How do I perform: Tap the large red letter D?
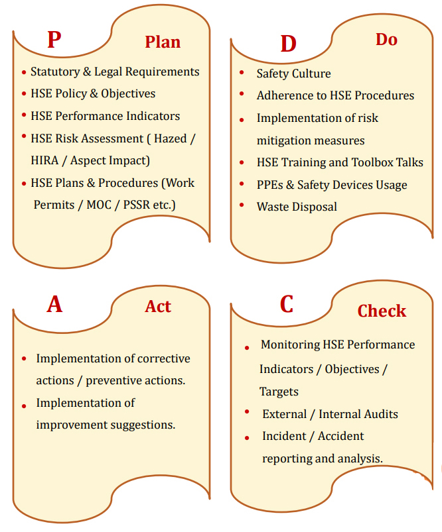click(x=288, y=44)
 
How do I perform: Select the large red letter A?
click(x=54, y=304)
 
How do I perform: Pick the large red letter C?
click(x=287, y=304)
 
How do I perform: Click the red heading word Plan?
click(x=163, y=42)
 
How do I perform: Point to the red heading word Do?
click(x=386, y=40)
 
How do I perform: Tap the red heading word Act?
click(x=158, y=306)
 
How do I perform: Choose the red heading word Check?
click(x=382, y=311)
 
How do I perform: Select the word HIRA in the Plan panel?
click(x=44, y=160)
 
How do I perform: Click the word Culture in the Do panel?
click(x=311, y=74)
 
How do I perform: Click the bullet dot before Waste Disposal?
click(x=242, y=207)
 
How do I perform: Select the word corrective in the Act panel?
click(x=163, y=358)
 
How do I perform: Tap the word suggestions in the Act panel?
click(x=140, y=425)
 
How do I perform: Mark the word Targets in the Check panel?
click(x=279, y=392)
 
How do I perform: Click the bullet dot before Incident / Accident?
click(x=247, y=437)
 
